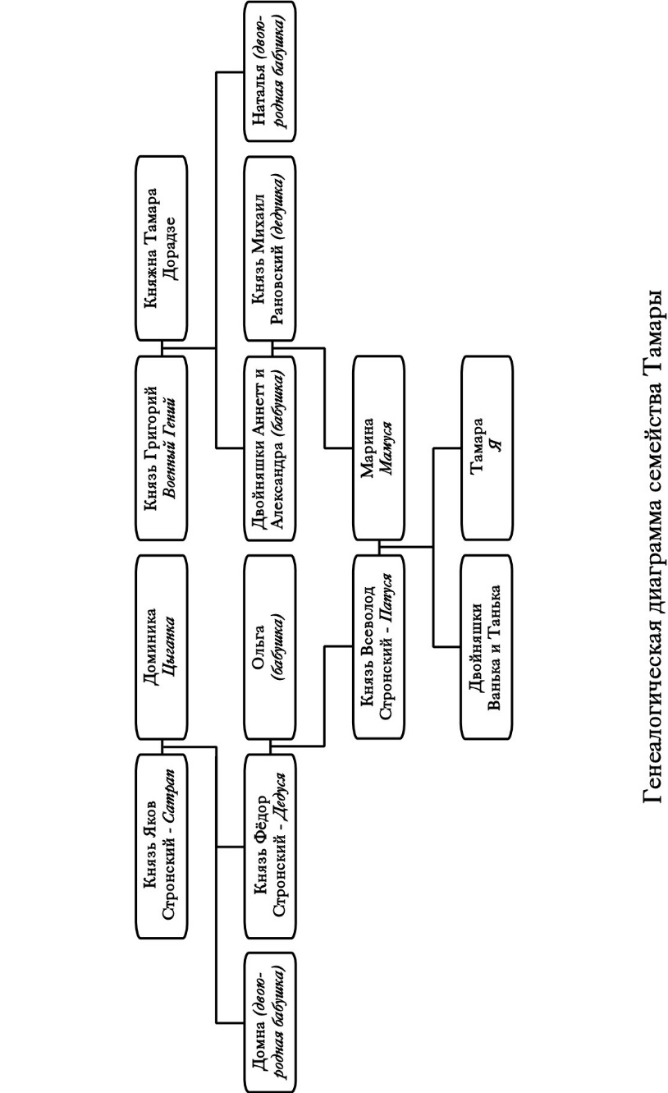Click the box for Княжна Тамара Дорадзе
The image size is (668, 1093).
161,248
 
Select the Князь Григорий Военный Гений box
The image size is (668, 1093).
161,448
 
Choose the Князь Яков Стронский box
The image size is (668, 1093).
161,847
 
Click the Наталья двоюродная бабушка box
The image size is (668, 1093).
270,71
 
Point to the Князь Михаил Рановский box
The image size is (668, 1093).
270,248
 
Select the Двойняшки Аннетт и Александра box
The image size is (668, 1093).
270,448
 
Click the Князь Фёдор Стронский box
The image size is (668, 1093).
270,847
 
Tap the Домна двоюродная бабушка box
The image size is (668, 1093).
270,1023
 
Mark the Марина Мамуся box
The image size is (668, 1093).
378,448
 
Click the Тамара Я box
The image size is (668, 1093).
487,448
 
